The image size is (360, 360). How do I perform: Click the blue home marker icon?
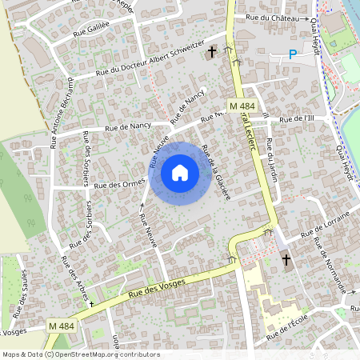180,173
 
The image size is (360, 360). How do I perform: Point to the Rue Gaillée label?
90,30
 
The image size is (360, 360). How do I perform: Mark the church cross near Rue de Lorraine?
286,260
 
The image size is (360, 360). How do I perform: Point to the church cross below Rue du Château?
212,53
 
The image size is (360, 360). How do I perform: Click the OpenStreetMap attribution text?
80,354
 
